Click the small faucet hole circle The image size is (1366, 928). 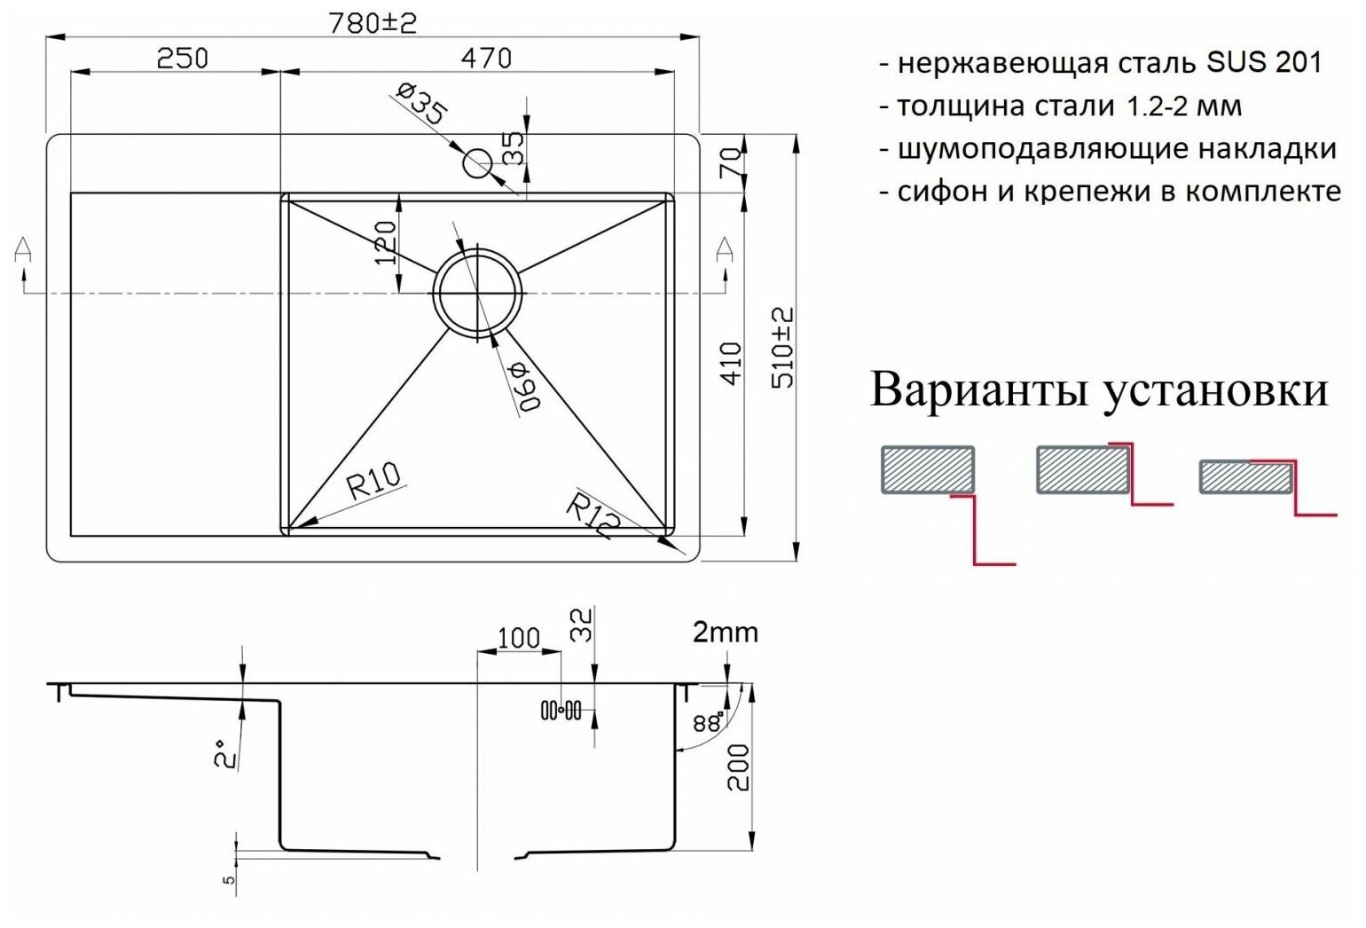point(477,162)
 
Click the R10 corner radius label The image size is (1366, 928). point(373,483)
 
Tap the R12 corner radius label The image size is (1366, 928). point(593,516)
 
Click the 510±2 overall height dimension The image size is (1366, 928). point(782,348)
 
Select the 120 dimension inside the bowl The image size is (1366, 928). point(383,242)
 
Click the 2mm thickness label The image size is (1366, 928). point(725,632)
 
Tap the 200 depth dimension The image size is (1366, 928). point(738,767)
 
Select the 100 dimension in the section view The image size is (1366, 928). point(518,637)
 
